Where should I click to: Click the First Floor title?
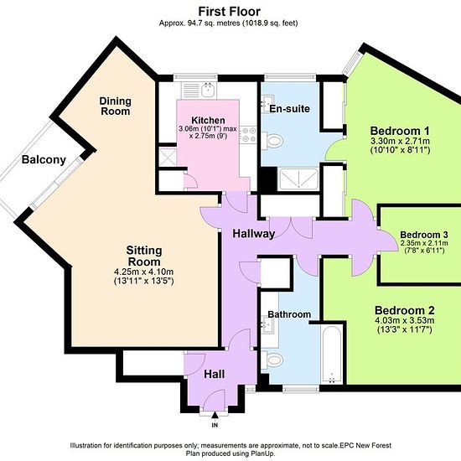point(230,12)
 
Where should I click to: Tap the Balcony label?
point(44,159)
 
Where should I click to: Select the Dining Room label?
point(116,106)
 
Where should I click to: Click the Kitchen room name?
point(208,120)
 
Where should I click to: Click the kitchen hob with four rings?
point(249,134)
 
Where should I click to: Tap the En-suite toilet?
point(272,141)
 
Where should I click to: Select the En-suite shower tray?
point(298,179)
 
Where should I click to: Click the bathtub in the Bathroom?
point(332,355)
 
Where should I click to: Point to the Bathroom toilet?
point(272,360)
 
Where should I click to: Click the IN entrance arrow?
point(215,415)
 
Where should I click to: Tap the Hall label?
point(215,374)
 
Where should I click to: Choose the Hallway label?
point(254,234)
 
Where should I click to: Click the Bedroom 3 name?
point(424,235)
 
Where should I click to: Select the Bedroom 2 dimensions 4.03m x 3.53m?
point(405,320)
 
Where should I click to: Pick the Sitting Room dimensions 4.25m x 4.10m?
point(144,272)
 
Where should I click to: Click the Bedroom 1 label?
point(400,131)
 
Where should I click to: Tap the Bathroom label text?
point(289,314)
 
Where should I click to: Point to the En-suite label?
point(290,109)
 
